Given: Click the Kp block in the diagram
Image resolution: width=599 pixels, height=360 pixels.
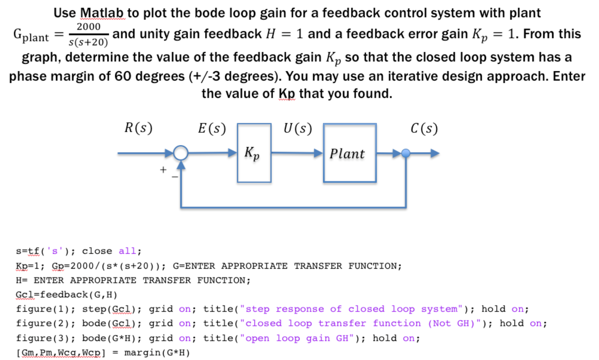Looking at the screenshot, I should (254, 153).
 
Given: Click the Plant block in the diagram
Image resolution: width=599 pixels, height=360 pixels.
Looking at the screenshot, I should (350, 153).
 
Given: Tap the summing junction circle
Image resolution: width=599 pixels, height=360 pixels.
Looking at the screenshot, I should (181, 153).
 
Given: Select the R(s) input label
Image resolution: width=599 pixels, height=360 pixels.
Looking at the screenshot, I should (138, 128).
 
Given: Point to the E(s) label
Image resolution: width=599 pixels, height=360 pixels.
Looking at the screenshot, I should (212, 128).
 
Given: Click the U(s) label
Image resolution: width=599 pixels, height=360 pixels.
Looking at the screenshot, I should (297, 128).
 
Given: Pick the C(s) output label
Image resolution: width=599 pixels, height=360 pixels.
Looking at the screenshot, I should (424, 128).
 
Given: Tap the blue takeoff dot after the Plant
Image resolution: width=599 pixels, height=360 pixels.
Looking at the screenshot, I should (406, 153).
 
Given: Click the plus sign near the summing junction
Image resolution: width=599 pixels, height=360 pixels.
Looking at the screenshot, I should (163, 170).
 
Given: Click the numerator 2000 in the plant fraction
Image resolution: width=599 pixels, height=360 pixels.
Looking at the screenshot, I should (88, 27).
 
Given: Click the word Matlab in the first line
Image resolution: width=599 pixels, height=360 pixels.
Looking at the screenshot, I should (102, 13).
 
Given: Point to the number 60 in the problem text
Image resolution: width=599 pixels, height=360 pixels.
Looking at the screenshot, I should (123, 76).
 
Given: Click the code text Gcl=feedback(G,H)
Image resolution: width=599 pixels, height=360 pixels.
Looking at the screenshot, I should (67, 295).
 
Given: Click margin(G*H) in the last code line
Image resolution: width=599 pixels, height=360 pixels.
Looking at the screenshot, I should (157, 352).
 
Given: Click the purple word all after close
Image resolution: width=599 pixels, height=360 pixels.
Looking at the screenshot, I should (127, 251).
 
